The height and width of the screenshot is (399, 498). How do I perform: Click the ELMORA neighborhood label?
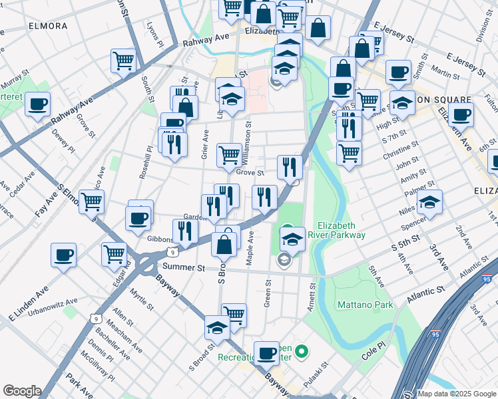click(x=48, y=26)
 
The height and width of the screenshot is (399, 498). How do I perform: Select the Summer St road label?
click(x=183, y=267)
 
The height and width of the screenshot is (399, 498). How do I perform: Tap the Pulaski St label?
click(x=324, y=372)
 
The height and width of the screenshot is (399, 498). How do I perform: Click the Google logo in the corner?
click(x=22, y=391)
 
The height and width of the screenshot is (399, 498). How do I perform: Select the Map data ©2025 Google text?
click(x=457, y=394)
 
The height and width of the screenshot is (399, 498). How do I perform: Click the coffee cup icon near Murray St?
click(x=38, y=103)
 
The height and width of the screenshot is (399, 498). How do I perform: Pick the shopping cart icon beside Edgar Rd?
click(x=115, y=253)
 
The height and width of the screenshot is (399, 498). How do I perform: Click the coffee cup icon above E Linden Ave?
click(x=63, y=254)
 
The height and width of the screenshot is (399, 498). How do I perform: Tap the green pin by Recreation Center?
click(x=302, y=350)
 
